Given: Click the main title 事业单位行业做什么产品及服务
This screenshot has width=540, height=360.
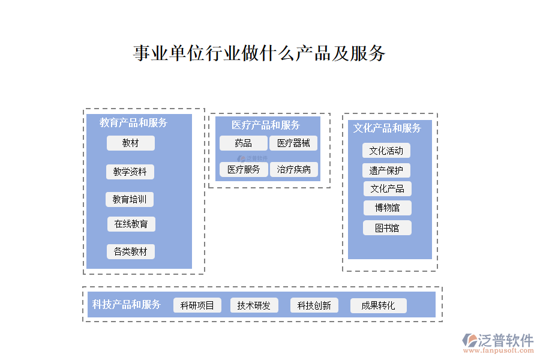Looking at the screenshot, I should (x=259, y=53).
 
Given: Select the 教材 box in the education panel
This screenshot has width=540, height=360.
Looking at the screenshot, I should (x=131, y=143).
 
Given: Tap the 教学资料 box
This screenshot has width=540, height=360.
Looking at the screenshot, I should (x=130, y=172).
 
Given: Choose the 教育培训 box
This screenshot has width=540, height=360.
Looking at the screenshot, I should (x=130, y=199).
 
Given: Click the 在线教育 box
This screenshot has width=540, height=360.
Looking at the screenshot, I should (x=131, y=224).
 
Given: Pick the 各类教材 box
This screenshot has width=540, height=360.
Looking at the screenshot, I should (x=131, y=251).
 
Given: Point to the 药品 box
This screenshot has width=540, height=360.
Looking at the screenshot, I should (x=243, y=143).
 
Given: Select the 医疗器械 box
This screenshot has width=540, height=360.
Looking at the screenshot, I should (x=293, y=143).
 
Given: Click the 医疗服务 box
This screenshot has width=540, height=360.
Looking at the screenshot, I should (x=244, y=169).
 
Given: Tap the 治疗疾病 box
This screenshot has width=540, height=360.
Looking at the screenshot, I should (x=294, y=169).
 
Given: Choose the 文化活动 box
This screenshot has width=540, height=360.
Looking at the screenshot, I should (x=386, y=151).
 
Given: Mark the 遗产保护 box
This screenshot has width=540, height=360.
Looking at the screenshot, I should (x=386, y=170).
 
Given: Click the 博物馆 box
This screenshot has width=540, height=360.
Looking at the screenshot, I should (x=388, y=208).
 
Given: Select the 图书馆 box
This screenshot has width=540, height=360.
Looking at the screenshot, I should (x=387, y=228).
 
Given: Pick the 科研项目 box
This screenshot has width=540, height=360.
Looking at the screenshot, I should (x=197, y=305).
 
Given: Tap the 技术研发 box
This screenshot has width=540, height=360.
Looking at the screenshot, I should (x=254, y=305).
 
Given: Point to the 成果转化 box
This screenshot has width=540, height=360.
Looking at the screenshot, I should (x=378, y=305).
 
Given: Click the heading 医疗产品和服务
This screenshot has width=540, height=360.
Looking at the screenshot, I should (x=266, y=125).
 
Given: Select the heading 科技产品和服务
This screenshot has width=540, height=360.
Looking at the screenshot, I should (x=127, y=304).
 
